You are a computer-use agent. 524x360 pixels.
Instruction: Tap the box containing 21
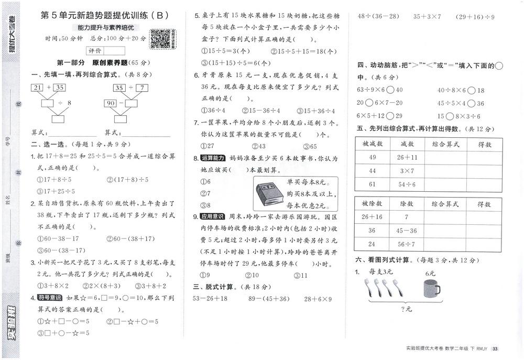(x=38, y=88)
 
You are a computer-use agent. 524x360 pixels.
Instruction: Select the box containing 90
(x=110, y=103)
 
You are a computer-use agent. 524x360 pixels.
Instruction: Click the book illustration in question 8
(x=269, y=193)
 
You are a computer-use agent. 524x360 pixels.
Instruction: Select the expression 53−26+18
(x=210, y=299)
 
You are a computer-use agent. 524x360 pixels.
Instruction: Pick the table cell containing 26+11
(x=407, y=157)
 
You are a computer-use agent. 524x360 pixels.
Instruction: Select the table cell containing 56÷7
(x=407, y=244)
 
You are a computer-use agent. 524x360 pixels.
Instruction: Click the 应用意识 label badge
(x=212, y=216)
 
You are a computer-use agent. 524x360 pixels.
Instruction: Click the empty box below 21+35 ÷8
(x=58, y=119)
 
